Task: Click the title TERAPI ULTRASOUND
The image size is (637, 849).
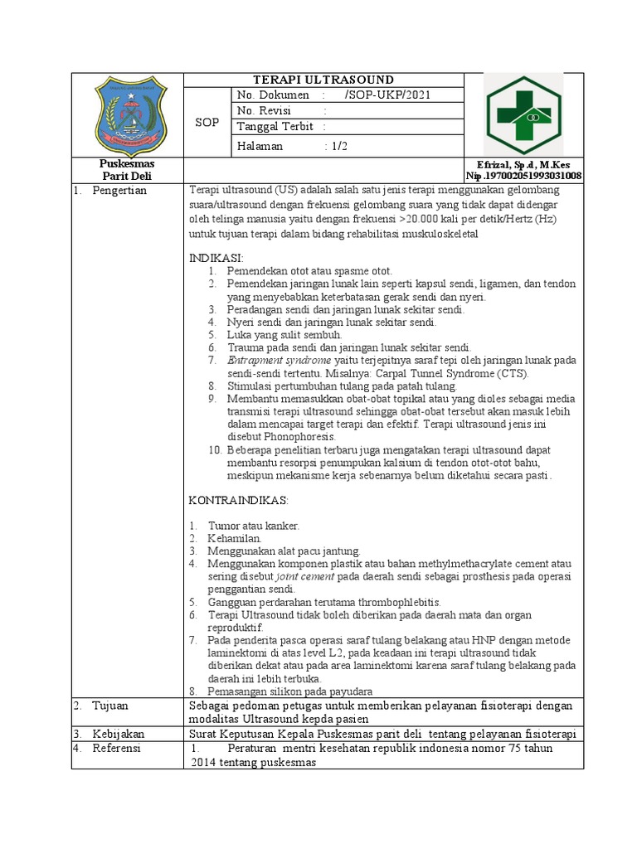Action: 323,80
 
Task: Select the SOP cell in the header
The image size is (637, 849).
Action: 207,123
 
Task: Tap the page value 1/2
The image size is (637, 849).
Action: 341,146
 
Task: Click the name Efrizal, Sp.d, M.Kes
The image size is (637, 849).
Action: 523,165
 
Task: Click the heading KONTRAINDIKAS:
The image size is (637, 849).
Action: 238,501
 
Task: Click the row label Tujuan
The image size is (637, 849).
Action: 111,706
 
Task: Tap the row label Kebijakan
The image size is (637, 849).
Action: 117,735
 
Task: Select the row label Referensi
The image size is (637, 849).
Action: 117,749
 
